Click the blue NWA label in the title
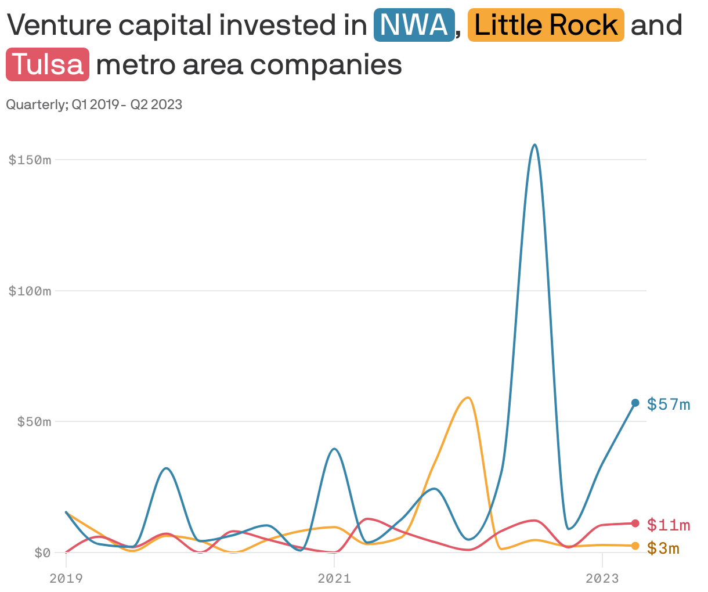[414, 25]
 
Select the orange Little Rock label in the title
[546, 25]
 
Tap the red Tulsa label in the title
[48, 64]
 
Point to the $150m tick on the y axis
[30, 160]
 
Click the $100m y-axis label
[30, 291]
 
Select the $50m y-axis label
[34, 421]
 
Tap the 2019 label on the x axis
[66, 578]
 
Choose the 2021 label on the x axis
[334, 578]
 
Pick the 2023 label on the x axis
[602, 578]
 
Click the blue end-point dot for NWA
[635, 403]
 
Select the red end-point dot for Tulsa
[635, 524]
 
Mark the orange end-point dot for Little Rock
[635, 546]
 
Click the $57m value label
[669, 404]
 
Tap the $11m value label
[669, 525]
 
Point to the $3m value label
[663, 548]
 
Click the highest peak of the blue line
[534, 145]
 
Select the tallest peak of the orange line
[467, 398]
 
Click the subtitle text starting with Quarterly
[94, 104]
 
